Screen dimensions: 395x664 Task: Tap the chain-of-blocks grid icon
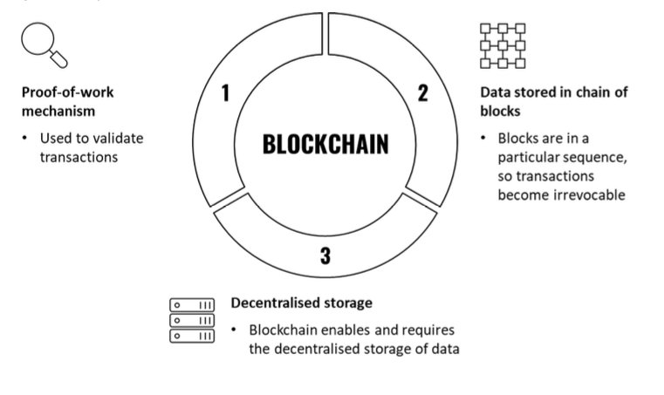(503, 45)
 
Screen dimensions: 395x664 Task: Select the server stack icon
(192, 320)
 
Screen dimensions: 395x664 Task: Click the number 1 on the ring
(226, 92)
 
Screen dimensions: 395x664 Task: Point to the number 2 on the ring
(423, 92)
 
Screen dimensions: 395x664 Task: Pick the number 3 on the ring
(325, 255)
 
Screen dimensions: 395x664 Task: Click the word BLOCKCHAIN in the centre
(325, 144)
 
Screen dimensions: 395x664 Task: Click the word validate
(118, 138)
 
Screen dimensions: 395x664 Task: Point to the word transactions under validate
(79, 157)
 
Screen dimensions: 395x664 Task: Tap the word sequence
(599, 157)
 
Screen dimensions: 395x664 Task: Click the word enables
(353, 330)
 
